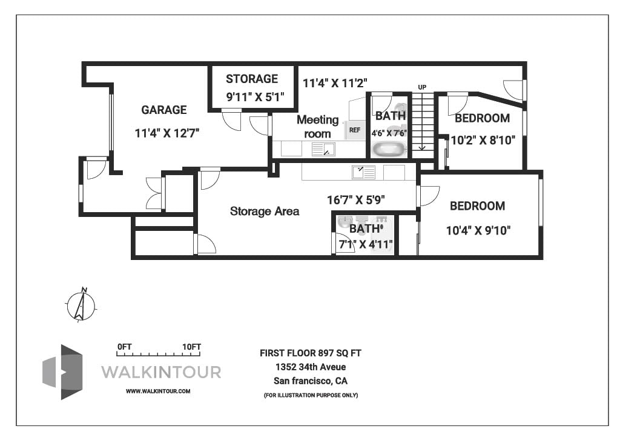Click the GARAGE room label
pos(163,110)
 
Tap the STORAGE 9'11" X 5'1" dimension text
pos(251,96)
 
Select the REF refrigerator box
pos(355,130)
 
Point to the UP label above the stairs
pos(422,87)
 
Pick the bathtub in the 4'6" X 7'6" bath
pos(389,148)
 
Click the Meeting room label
pos(317,127)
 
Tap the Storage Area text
pos(265,212)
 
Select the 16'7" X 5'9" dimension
pos(356,199)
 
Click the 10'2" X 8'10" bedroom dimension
pos(483,140)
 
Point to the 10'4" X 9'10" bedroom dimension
pos(478,230)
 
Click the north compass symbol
pos(81,305)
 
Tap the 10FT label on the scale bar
pos(191,347)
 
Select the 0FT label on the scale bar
pos(125,347)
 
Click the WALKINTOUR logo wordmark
pos(160,372)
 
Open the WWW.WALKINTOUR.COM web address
pos(158,391)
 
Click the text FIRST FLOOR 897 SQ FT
pos(310,353)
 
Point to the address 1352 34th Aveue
pos(310,367)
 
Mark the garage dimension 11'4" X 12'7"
pos(167,133)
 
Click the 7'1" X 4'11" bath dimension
pos(366,245)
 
